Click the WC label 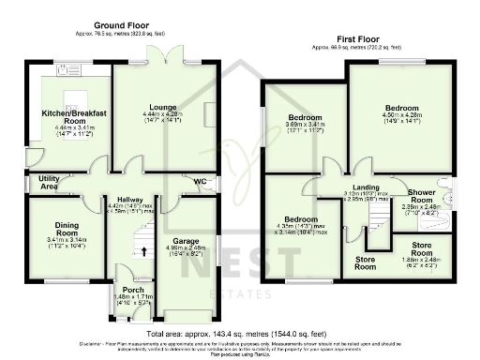[200, 181]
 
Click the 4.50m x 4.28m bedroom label [401, 109]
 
